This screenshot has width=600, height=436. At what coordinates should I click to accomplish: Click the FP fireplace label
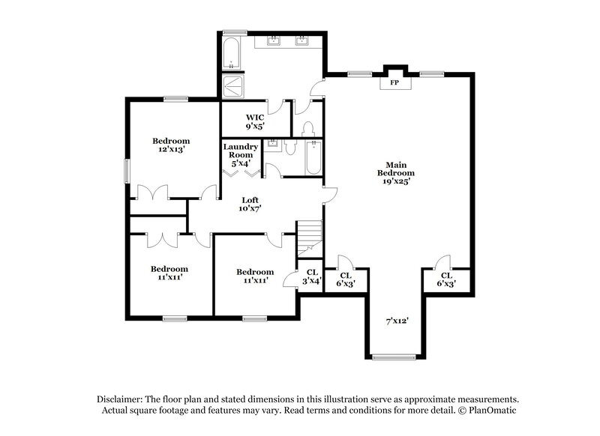click(x=394, y=83)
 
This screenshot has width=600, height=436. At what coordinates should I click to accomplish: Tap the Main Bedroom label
click(x=397, y=172)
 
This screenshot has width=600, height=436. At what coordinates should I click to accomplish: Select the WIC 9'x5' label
click(x=254, y=121)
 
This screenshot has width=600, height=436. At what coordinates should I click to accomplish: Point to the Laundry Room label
click(x=241, y=154)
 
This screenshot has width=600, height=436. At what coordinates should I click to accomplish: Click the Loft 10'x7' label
click(x=250, y=204)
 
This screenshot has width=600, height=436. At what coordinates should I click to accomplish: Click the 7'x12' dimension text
click(x=397, y=321)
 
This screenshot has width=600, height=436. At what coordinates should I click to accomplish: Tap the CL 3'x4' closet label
click(x=311, y=276)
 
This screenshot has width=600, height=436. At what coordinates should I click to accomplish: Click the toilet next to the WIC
click(x=306, y=129)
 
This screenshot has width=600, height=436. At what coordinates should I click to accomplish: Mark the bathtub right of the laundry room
click(x=313, y=157)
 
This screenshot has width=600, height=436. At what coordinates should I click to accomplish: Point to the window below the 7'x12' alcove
click(x=393, y=357)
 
